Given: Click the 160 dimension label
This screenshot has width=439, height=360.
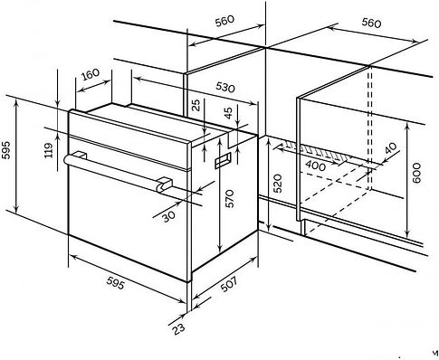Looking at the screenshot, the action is tap(91, 74).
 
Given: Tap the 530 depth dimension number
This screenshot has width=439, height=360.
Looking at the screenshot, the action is tap(225, 87).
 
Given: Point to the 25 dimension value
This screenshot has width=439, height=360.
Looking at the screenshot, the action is tap(196, 105).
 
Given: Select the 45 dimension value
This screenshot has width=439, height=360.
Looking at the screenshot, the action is tap(229, 113).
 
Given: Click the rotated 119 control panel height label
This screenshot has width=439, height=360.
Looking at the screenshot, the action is tap(48, 150).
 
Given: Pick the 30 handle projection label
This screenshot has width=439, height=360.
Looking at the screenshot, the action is tap(168, 216).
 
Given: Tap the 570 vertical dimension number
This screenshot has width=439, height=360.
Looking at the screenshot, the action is tap(229, 198).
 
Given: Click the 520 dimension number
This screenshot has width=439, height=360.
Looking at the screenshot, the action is tap(277, 184).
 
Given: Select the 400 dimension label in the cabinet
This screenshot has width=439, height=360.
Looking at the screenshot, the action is tap(316, 166).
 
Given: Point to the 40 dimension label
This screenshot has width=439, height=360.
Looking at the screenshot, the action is tap(391, 148).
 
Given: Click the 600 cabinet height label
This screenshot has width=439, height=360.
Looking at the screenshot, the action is tap(416, 173).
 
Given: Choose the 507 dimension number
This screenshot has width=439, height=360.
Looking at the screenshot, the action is tap(229, 284).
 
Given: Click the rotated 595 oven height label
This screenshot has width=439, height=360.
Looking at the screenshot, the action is tap(6, 150).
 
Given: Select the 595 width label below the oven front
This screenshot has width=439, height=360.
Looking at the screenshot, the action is tap(115, 283).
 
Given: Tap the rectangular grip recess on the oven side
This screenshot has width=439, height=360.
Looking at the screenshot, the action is tap(223, 160).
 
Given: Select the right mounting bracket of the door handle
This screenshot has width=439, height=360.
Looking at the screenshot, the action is tap(165, 183).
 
